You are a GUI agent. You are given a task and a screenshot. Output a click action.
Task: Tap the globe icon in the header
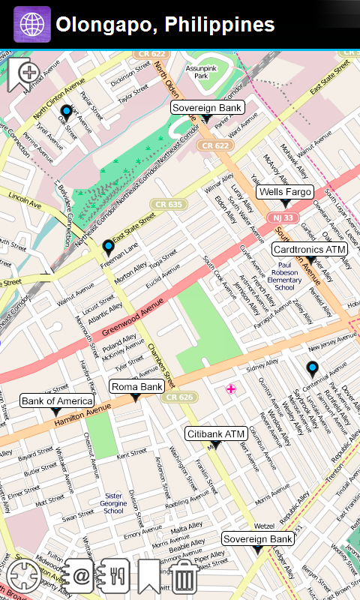click(31, 25)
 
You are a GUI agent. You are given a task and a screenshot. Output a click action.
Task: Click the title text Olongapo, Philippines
click(166, 25)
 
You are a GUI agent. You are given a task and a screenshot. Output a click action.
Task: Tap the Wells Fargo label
click(285, 192)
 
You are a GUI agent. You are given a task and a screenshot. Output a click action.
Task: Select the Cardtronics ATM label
click(309, 249)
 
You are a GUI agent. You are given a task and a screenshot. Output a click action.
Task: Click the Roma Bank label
click(136, 387)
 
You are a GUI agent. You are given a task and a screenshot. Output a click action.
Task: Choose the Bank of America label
click(55, 401)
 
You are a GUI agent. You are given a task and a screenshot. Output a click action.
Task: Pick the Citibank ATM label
click(216, 434)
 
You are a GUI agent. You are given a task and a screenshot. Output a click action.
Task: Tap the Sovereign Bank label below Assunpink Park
click(207, 108)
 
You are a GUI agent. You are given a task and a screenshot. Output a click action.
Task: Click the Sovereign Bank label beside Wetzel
click(258, 539)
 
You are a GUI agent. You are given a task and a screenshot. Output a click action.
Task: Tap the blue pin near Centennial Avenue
click(312, 368)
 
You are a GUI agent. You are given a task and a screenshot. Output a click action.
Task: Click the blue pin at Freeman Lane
click(109, 247)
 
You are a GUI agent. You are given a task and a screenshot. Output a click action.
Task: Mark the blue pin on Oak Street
click(66, 112)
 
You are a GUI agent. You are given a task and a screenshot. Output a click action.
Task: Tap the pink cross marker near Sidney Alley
click(231, 388)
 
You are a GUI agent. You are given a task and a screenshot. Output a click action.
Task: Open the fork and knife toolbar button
click(115, 576)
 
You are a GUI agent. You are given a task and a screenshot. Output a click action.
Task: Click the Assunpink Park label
click(201, 71)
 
